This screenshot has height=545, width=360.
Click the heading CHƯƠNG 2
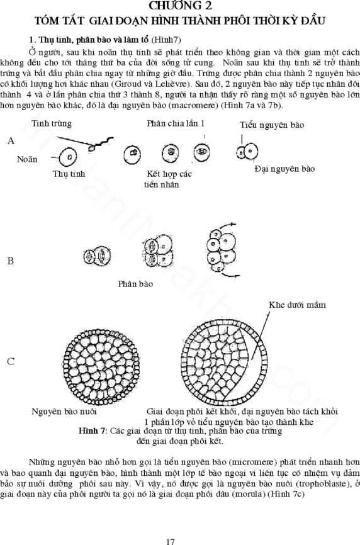point(180,5)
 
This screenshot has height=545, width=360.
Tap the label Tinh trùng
point(52,123)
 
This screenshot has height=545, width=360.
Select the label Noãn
point(27,159)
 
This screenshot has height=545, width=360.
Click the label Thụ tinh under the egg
point(69,174)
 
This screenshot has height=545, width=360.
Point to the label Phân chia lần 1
point(176,123)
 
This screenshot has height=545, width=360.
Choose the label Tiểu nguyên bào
point(272,125)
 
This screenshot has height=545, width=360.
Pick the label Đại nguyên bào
point(284,169)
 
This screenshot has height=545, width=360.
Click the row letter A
point(11,140)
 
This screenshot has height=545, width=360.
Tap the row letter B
point(11,261)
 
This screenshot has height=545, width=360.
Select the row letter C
point(11,361)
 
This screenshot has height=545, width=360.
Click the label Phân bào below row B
point(135,284)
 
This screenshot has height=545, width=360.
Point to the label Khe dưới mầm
point(298,305)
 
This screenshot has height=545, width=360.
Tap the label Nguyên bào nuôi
point(64,412)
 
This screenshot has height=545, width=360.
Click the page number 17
point(171,541)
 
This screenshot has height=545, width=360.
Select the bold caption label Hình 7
point(92,431)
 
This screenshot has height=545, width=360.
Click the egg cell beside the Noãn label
point(68,157)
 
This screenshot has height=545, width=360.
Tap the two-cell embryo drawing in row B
point(97,256)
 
